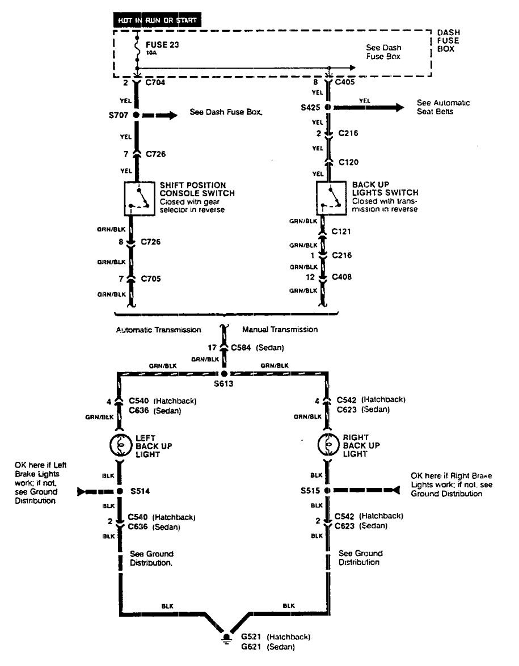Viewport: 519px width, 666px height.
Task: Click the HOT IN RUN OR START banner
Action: click(157, 21)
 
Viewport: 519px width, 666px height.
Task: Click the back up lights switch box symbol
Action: click(331, 199)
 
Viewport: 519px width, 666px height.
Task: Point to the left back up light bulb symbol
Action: click(120, 446)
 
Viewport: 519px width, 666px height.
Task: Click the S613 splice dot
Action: click(224, 375)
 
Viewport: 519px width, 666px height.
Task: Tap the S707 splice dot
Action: click(136, 115)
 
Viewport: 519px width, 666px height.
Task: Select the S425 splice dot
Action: click(328, 107)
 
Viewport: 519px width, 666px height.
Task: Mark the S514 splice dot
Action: click(120, 491)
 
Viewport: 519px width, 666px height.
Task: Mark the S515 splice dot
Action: click(327, 489)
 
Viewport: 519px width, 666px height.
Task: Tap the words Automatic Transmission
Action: click(158, 330)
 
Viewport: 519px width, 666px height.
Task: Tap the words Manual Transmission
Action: click(280, 330)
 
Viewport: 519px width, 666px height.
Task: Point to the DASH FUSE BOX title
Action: click(446, 41)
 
